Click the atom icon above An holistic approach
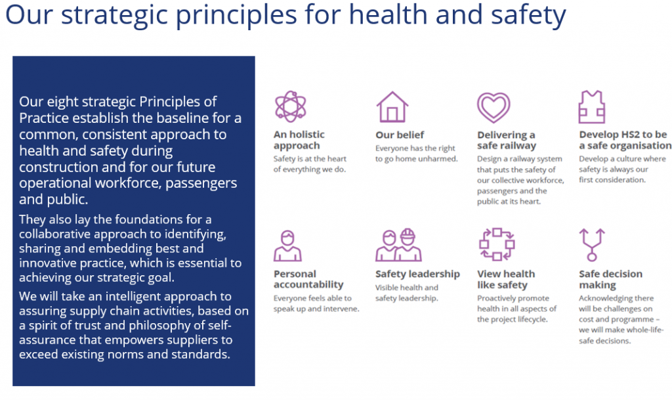pyautogui.click(x=290, y=106)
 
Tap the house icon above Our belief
pyautogui.click(x=392, y=106)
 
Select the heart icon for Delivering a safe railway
pyautogui.click(x=493, y=106)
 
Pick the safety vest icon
pyautogui.click(x=591, y=106)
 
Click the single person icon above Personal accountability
pyautogui.click(x=287, y=246)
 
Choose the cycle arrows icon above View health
pyautogui.click(x=497, y=245)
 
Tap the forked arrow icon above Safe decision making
pyautogui.click(x=592, y=245)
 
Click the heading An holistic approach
pyautogui.click(x=299, y=140)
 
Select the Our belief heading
pyautogui.click(x=400, y=135)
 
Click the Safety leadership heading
pyautogui.click(x=417, y=274)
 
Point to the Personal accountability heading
pyautogui.click(x=308, y=279)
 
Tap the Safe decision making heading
pyautogui.click(x=610, y=279)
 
